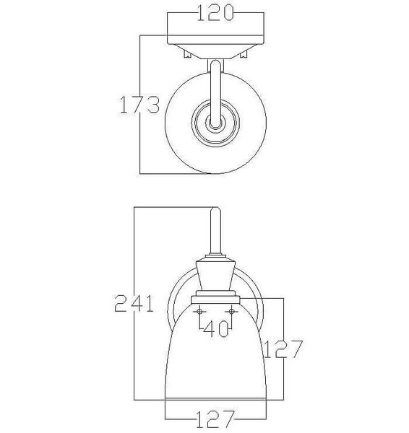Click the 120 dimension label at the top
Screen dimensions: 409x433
tap(215, 13)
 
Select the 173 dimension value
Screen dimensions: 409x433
tap(139, 105)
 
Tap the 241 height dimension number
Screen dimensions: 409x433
tap(134, 303)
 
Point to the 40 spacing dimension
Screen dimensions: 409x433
tap(216, 328)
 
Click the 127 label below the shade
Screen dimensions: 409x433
tap(215, 419)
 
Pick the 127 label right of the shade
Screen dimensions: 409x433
tap(283, 349)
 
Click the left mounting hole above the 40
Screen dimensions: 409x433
tap(199, 312)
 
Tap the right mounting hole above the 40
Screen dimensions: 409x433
tap(232, 312)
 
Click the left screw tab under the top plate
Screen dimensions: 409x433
tap(188, 54)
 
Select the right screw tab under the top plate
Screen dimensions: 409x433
tap(244, 54)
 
